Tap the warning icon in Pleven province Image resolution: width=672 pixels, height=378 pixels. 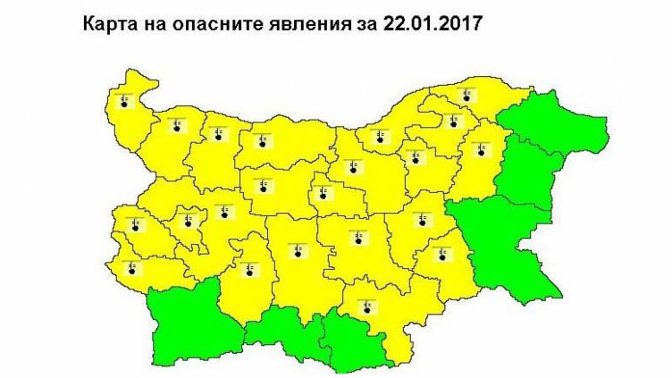(x=262, y=139)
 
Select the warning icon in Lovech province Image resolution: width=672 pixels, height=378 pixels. (x=264, y=186)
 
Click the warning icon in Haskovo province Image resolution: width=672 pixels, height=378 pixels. (x=367, y=307)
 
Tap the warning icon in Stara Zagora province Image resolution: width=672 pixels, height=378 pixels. (x=359, y=237)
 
